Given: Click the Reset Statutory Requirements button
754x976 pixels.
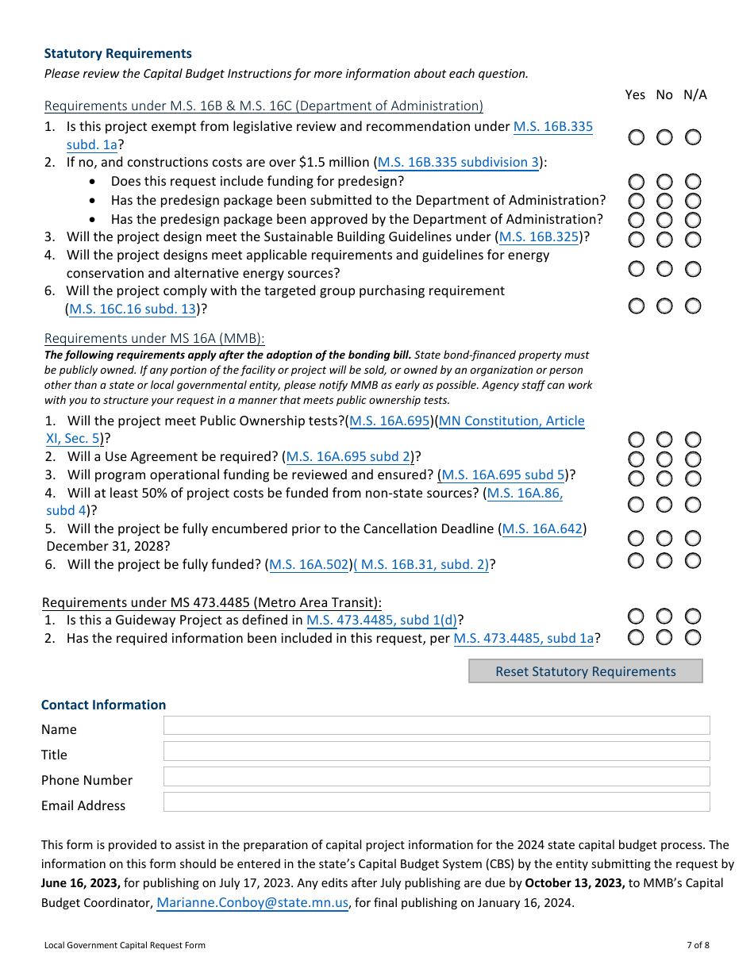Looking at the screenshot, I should (x=585, y=671).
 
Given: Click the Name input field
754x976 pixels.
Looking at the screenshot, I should (x=436, y=725).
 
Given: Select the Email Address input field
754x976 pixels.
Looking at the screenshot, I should (x=436, y=801).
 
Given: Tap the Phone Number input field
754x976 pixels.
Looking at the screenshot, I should (x=436, y=776).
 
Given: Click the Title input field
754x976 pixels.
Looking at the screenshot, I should (x=436, y=751).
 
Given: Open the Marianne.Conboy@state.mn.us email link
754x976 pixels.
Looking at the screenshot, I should (x=252, y=902).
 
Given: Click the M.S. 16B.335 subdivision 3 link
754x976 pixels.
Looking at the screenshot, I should (x=459, y=162).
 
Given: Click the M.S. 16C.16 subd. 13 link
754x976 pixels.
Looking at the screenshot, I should (x=133, y=309).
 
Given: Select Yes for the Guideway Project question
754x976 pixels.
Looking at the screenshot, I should (x=636, y=617).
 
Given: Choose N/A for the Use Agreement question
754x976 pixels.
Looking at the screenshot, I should (x=693, y=459).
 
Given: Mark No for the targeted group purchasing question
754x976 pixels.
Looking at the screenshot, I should (x=664, y=305).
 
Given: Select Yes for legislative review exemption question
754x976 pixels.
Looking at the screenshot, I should (x=636, y=137).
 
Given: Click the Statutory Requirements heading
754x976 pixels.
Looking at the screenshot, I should (x=117, y=53).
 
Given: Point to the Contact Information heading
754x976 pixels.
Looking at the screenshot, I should (x=103, y=705).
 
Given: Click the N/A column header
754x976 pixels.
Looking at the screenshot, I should (x=694, y=94).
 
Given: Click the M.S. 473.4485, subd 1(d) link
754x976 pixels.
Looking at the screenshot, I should (x=381, y=620).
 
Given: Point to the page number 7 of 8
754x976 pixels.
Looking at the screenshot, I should (x=698, y=944).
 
